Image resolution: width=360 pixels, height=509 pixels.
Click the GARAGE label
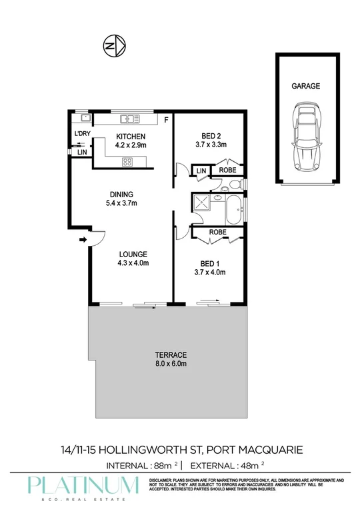click(x=306, y=86)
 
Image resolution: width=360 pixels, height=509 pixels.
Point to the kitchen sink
click(x=127, y=119)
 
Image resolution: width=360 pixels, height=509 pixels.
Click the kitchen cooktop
click(x=127, y=161)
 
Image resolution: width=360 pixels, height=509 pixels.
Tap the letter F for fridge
click(x=167, y=121)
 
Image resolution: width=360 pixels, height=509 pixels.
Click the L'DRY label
click(x=82, y=135)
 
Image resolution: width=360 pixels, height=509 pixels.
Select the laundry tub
click(x=85, y=119)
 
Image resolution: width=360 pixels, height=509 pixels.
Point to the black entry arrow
click(x=83, y=240)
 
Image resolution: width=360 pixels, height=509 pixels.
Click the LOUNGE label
click(x=133, y=254)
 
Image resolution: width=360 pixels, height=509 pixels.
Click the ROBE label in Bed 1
click(x=217, y=232)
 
